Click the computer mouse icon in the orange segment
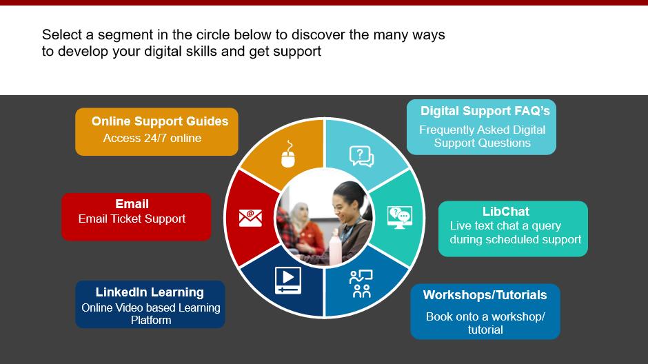pyautogui.click(x=288, y=154)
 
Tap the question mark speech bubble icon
pyautogui.click(x=362, y=156)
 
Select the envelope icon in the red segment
pyautogui.click(x=250, y=218)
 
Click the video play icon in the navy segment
pyautogui.click(x=288, y=281)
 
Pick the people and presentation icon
pyautogui.click(x=361, y=284)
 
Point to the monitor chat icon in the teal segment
pyautogui.click(x=400, y=217)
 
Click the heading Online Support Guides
pyautogui.click(x=160, y=121)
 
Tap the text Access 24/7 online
pyautogui.click(x=152, y=138)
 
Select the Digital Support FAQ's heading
pyautogui.click(x=485, y=111)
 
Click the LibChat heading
pyautogui.click(x=506, y=212)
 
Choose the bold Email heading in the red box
pyautogui.click(x=132, y=203)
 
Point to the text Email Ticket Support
pyautogui.click(x=132, y=219)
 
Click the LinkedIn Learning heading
pyautogui.click(x=150, y=292)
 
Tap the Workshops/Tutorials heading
pyautogui.click(x=485, y=295)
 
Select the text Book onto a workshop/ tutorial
pyautogui.click(x=485, y=323)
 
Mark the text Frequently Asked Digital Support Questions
pyautogui.click(x=483, y=136)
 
